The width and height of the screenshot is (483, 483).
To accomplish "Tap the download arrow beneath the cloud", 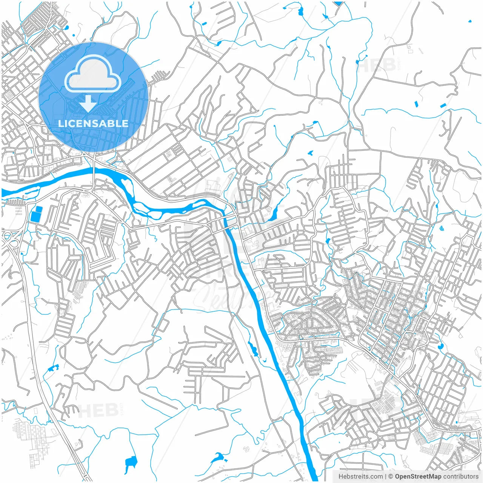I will click(x=88, y=104).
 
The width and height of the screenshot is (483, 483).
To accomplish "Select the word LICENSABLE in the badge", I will click(x=93, y=123).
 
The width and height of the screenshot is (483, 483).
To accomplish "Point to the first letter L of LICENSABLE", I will click(x=60, y=123).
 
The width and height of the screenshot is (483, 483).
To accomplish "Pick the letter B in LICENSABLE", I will click(x=111, y=123).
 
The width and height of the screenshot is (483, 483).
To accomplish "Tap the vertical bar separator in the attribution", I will click(x=385, y=477).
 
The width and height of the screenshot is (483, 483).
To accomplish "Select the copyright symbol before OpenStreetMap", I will click(x=391, y=477).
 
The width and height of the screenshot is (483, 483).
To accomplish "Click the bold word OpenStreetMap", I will click(x=418, y=477).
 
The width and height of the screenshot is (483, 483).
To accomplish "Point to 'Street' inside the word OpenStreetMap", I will click(x=421, y=477).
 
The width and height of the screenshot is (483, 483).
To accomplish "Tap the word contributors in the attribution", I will click(x=461, y=477).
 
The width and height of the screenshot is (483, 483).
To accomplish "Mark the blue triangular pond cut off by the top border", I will click(x=338, y=3).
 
